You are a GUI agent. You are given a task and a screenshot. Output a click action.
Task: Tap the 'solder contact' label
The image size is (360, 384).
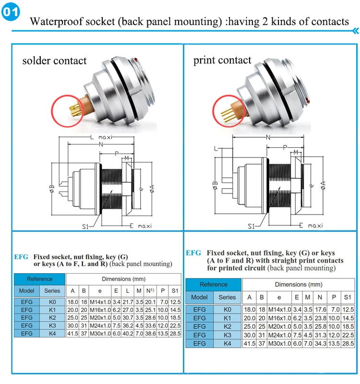click(54, 60)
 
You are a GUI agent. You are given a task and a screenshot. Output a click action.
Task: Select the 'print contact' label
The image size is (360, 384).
click(222, 60)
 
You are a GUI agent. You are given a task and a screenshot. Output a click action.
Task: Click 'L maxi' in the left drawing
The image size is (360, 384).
click(101, 137)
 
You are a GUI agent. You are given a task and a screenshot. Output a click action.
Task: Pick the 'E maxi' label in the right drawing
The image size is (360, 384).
click(307, 225)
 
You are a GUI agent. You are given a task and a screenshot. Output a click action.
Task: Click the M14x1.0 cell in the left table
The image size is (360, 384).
click(99, 301)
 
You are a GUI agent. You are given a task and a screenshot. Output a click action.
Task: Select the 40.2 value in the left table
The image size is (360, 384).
click(128, 334)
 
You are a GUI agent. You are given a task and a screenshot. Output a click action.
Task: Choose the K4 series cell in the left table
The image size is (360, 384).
click(52, 334)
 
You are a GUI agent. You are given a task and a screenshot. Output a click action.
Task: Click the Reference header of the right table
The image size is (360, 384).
click(214, 284)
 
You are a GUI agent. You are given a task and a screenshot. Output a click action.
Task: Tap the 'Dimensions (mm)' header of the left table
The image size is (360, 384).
click(123, 279)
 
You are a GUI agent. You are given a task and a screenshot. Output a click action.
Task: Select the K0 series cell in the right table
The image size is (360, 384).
click(227, 310)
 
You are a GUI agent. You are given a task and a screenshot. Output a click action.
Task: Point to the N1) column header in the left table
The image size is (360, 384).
click(151, 290)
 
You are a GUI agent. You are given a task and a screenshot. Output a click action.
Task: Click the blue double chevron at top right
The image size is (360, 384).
click(356, 31)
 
